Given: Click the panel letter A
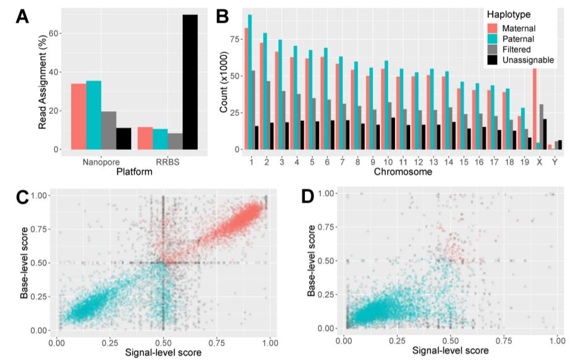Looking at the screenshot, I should [x=23, y=18].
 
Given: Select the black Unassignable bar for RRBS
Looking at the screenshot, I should [x=190, y=82].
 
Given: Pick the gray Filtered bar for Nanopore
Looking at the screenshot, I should [x=108, y=130].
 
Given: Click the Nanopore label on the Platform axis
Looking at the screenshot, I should [x=100, y=162].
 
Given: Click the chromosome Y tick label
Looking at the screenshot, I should [x=554, y=162].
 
